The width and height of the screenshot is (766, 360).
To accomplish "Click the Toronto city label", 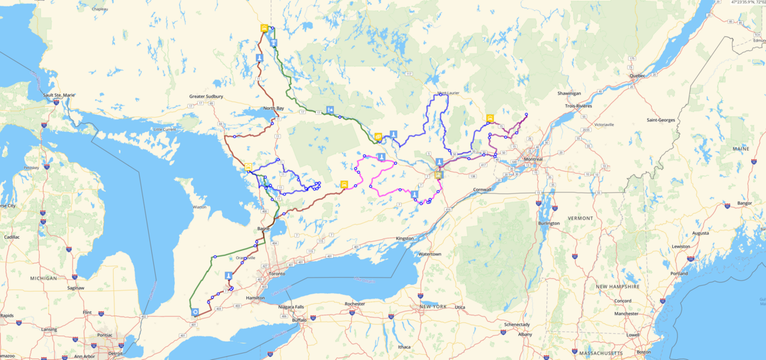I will pyautogui.click(x=276, y=274).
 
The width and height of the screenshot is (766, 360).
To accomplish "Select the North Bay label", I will pyautogui.click(x=273, y=109).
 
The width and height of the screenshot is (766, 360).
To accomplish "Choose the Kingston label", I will pyautogui.click(x=405, y=238).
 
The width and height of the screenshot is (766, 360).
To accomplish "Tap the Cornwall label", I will pyautogui.click(x=483, y=190).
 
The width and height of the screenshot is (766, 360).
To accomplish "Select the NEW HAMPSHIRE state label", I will pyautogui.click(x=618, y=287).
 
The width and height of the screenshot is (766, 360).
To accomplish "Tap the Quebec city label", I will pyautogui.click(x=637, y=75).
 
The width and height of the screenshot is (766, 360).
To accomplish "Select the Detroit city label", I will pyautogui.click(x=115, y=353).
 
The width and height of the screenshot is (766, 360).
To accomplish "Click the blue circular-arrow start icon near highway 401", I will pyautogui.click(x=195, y=312).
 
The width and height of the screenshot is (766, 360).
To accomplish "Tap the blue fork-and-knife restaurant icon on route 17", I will pyautogui.click(x=329, y=109).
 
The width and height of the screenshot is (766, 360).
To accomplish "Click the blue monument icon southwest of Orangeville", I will pyautogui.click(x=227, y=276).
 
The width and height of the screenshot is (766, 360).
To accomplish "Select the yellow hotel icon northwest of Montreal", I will pyautogui.click(x=490, y=118).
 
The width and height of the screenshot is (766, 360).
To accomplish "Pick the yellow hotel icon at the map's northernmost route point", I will pyautogui.click(x=264, y=28).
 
